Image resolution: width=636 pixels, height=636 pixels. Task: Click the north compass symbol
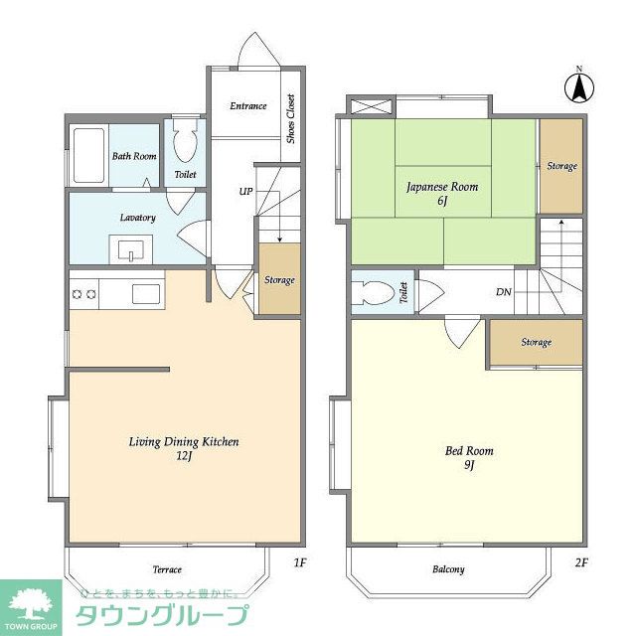579,86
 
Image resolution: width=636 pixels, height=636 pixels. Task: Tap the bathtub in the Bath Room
88,155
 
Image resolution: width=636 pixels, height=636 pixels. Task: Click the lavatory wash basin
131,249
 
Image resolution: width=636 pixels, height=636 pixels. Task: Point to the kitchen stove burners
83,294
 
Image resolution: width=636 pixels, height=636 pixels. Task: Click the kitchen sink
146,293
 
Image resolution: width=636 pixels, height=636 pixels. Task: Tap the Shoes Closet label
290,119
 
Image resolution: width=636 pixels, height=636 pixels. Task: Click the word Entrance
248,106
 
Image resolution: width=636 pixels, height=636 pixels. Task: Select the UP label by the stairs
245,192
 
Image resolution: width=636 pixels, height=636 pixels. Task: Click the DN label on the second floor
504,291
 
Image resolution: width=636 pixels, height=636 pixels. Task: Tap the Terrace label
167,569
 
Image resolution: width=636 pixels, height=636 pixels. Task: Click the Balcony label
448,569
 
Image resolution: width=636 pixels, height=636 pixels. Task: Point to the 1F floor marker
300,562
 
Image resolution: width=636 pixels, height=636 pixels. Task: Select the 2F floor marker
580,562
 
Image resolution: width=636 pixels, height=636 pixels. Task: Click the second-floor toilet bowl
374,293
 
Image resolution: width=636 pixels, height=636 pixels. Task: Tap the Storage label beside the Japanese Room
561,166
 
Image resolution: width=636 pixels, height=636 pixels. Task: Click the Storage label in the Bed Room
537,342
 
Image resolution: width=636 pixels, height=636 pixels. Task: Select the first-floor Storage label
279,280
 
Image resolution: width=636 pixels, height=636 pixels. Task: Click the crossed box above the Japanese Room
372,107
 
